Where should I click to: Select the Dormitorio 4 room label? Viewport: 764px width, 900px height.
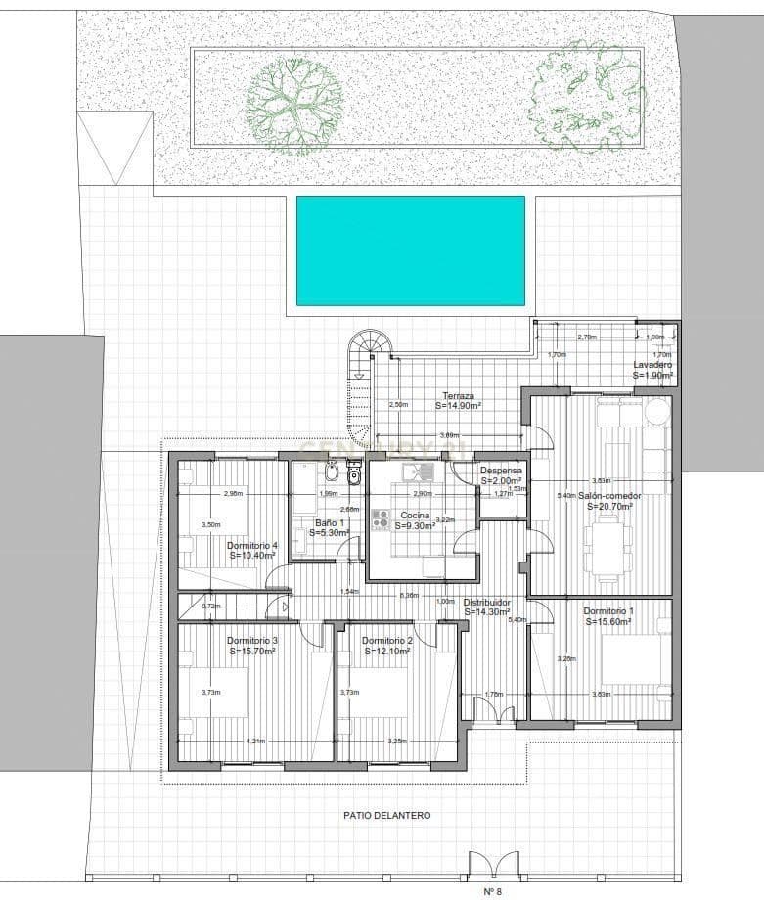pyautogui.click(x=251, y=550)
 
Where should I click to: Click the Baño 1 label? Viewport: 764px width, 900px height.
pyautogui.click(x=324, y=527)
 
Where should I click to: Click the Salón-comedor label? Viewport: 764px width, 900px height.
pyautogui.click(x=608, y=501)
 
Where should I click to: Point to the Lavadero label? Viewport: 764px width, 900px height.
pyautogui.click(x=652, y=369)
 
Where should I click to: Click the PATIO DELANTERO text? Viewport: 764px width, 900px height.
pyautogui.click(x=386, y=815)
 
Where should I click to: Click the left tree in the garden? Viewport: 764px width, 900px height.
pyautogui.click(x=292, y=104)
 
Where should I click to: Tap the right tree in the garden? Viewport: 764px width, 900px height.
pyautogui.click(x=576, y=95)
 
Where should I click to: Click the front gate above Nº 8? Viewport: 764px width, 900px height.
pyautogui.click(x=494, y=866)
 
